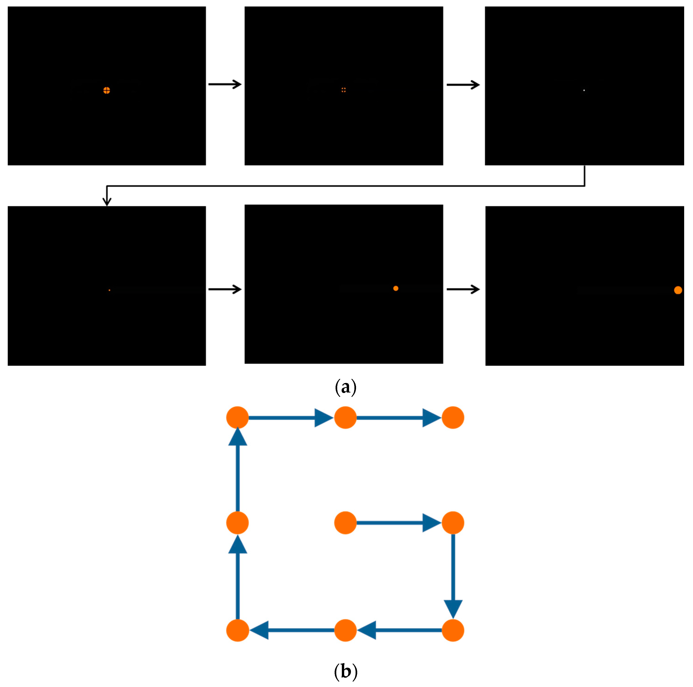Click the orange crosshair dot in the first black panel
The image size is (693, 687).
pos(107,91)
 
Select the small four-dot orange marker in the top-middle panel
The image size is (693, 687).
pos(344,90)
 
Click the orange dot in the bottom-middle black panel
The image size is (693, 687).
pos(396,288)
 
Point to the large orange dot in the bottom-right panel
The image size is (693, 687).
pos(678,290)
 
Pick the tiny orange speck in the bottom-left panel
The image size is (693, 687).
pos(109,290)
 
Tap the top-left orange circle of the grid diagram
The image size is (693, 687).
pos(237,417)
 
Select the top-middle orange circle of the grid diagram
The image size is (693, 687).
pos(345,417)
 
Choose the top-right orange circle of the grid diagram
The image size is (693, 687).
pos(453,417)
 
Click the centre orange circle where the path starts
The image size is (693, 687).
pos(345,523)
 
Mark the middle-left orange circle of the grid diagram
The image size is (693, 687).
pos(237,523)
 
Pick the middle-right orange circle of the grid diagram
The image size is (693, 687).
pos(453,523)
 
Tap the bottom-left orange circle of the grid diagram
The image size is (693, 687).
pos(237,630)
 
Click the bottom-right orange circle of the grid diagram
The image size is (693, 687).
pos(453,630)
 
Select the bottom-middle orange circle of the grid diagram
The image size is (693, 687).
pos(345,630)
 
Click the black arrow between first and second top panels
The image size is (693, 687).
pos(225,84)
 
